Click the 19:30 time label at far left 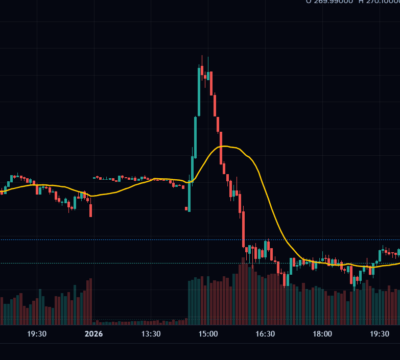pos(37,334)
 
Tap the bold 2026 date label pos(93,334)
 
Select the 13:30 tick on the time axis pos(151,334)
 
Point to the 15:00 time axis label pos(208,334)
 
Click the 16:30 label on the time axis pos(265,334)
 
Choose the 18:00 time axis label pos(322,334)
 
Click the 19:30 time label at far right pos(379,334)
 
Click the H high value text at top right pos(378,2)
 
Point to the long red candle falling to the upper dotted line pos(243,227)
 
